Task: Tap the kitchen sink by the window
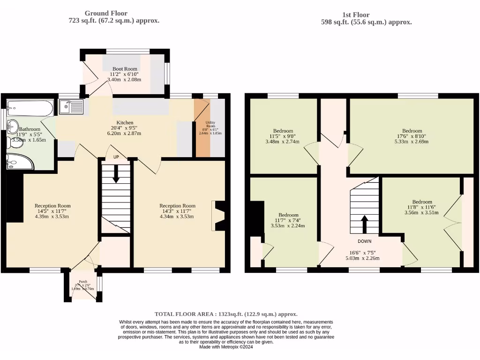71,107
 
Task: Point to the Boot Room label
124,69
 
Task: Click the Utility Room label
210,124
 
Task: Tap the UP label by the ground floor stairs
116,157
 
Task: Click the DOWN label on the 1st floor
364,241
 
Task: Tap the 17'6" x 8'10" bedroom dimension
412,136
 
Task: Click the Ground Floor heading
105,13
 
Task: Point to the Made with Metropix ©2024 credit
226,347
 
